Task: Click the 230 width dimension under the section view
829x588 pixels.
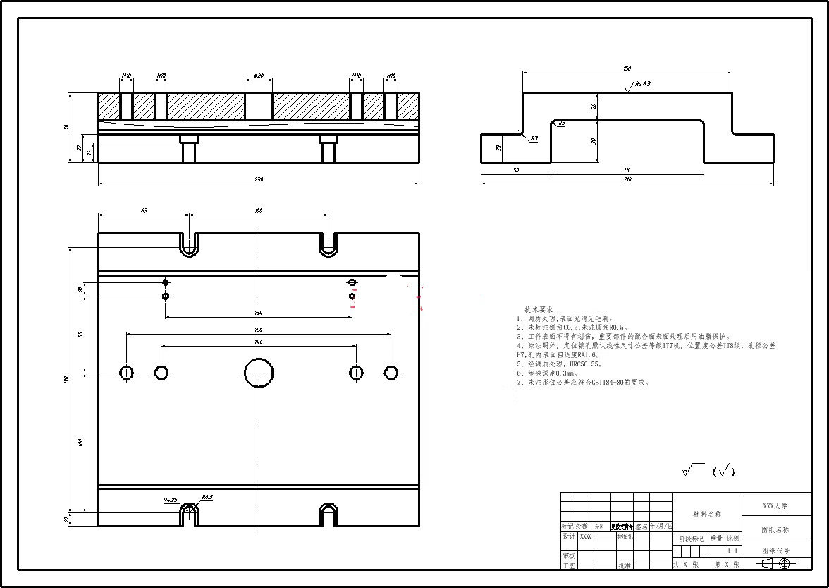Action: click(x=258, y=179)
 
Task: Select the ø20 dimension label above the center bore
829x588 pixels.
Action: click(x=259, y=76)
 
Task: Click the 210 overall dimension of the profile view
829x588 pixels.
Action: click(x=627, y=180)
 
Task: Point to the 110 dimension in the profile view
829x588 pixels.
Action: click(x=627, y=170)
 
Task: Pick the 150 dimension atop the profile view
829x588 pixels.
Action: click(x=627, y=68)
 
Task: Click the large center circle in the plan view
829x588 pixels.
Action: click(x=259, y=373)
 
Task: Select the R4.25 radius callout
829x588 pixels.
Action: click(x=170, y=500)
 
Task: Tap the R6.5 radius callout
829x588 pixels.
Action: click(x=207, y=497)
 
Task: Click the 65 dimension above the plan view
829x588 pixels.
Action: click(x=143, y=210)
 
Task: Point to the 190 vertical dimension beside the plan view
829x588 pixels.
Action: click(x=67, y=380)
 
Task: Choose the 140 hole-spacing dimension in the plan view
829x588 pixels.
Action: click(x=259, y=342)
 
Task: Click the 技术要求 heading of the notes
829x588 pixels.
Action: click(x=539, y=310)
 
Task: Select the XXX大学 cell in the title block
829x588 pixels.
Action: click(x=775, y=506)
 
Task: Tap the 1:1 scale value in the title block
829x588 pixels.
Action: click(x=732, y=551)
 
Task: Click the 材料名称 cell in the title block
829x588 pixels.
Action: click(x=707, y=515)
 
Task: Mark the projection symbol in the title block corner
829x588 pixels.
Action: click(x=775, y=563)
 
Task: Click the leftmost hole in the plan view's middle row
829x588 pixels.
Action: click(x=127, y=373)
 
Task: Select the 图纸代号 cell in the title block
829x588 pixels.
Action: click(x=775, y=551)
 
